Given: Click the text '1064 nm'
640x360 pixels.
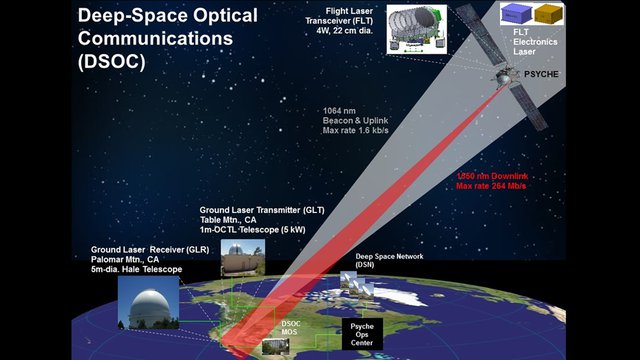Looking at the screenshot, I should pyautogui.click(x=340, y=110).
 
